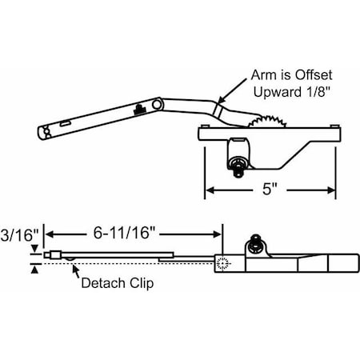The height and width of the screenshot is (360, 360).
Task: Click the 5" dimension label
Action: [x=270, y=192]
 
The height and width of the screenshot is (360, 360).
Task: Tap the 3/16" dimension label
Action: [x=17, y=236]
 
